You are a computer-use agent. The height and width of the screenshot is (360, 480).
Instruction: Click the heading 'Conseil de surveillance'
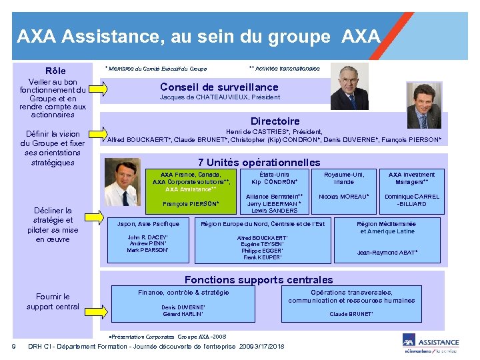(219, 87)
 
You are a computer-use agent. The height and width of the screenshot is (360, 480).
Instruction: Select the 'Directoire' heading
(275, 121)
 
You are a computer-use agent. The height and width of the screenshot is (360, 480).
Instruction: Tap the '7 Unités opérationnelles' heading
(259, 163)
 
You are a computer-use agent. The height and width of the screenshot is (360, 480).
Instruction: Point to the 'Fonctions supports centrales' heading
(259, 280)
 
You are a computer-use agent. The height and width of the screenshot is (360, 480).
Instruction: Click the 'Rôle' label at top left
(55, 71)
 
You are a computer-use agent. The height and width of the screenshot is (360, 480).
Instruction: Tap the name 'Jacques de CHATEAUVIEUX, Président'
(220, 97)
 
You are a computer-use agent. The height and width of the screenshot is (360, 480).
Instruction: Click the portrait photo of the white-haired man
(349, 87)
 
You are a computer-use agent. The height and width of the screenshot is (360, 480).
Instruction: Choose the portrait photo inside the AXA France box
(135, 189)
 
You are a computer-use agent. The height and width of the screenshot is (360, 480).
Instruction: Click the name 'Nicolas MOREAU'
(344, 197)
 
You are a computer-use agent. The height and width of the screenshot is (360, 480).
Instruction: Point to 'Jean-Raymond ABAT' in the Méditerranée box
(387, 253)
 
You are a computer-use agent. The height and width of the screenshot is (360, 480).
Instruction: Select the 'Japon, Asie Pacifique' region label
(148, 224)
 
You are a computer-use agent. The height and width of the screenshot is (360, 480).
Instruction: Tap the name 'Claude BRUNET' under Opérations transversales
(351, 314)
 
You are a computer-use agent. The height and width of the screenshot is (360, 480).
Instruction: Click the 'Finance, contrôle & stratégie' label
(183, 293)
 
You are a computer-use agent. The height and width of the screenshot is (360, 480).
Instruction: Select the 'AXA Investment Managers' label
(411, 178)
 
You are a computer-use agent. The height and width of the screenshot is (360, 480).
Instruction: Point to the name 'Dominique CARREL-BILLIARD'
(411, 200)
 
